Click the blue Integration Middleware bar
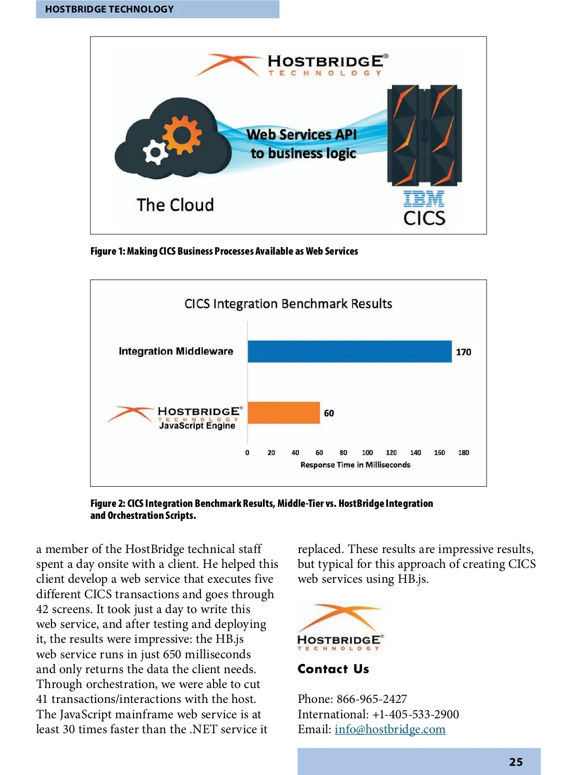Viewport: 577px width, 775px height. pos(350,351)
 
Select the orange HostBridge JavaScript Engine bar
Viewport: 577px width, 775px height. pos(284,413)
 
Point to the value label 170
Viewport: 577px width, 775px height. pos(464,352)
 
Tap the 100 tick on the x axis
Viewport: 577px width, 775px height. pos(367,453)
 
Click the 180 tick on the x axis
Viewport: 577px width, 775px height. pos(464,453)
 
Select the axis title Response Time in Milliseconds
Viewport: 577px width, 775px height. pos(355,465)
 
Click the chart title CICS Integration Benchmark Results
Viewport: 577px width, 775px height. pos(288,304)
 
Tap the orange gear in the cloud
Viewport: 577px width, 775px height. pos(181,134)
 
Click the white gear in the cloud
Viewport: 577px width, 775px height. pos(155,152)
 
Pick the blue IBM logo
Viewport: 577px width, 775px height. pos(424,199)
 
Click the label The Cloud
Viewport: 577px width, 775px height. pos(175,205)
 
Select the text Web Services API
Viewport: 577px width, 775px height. pos(301,135)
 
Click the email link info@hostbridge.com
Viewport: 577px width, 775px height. pos(390,729)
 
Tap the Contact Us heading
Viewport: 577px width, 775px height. pos(333,669)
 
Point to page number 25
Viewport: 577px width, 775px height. pos(516,762)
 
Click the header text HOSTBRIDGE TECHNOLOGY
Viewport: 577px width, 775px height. pos(110,9)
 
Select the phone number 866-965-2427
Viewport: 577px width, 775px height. pos(372,699)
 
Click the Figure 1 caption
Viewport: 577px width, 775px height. pos(224,251)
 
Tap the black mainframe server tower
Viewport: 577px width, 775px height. pos(425,135)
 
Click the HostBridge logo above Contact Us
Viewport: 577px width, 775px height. pos(339,627)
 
